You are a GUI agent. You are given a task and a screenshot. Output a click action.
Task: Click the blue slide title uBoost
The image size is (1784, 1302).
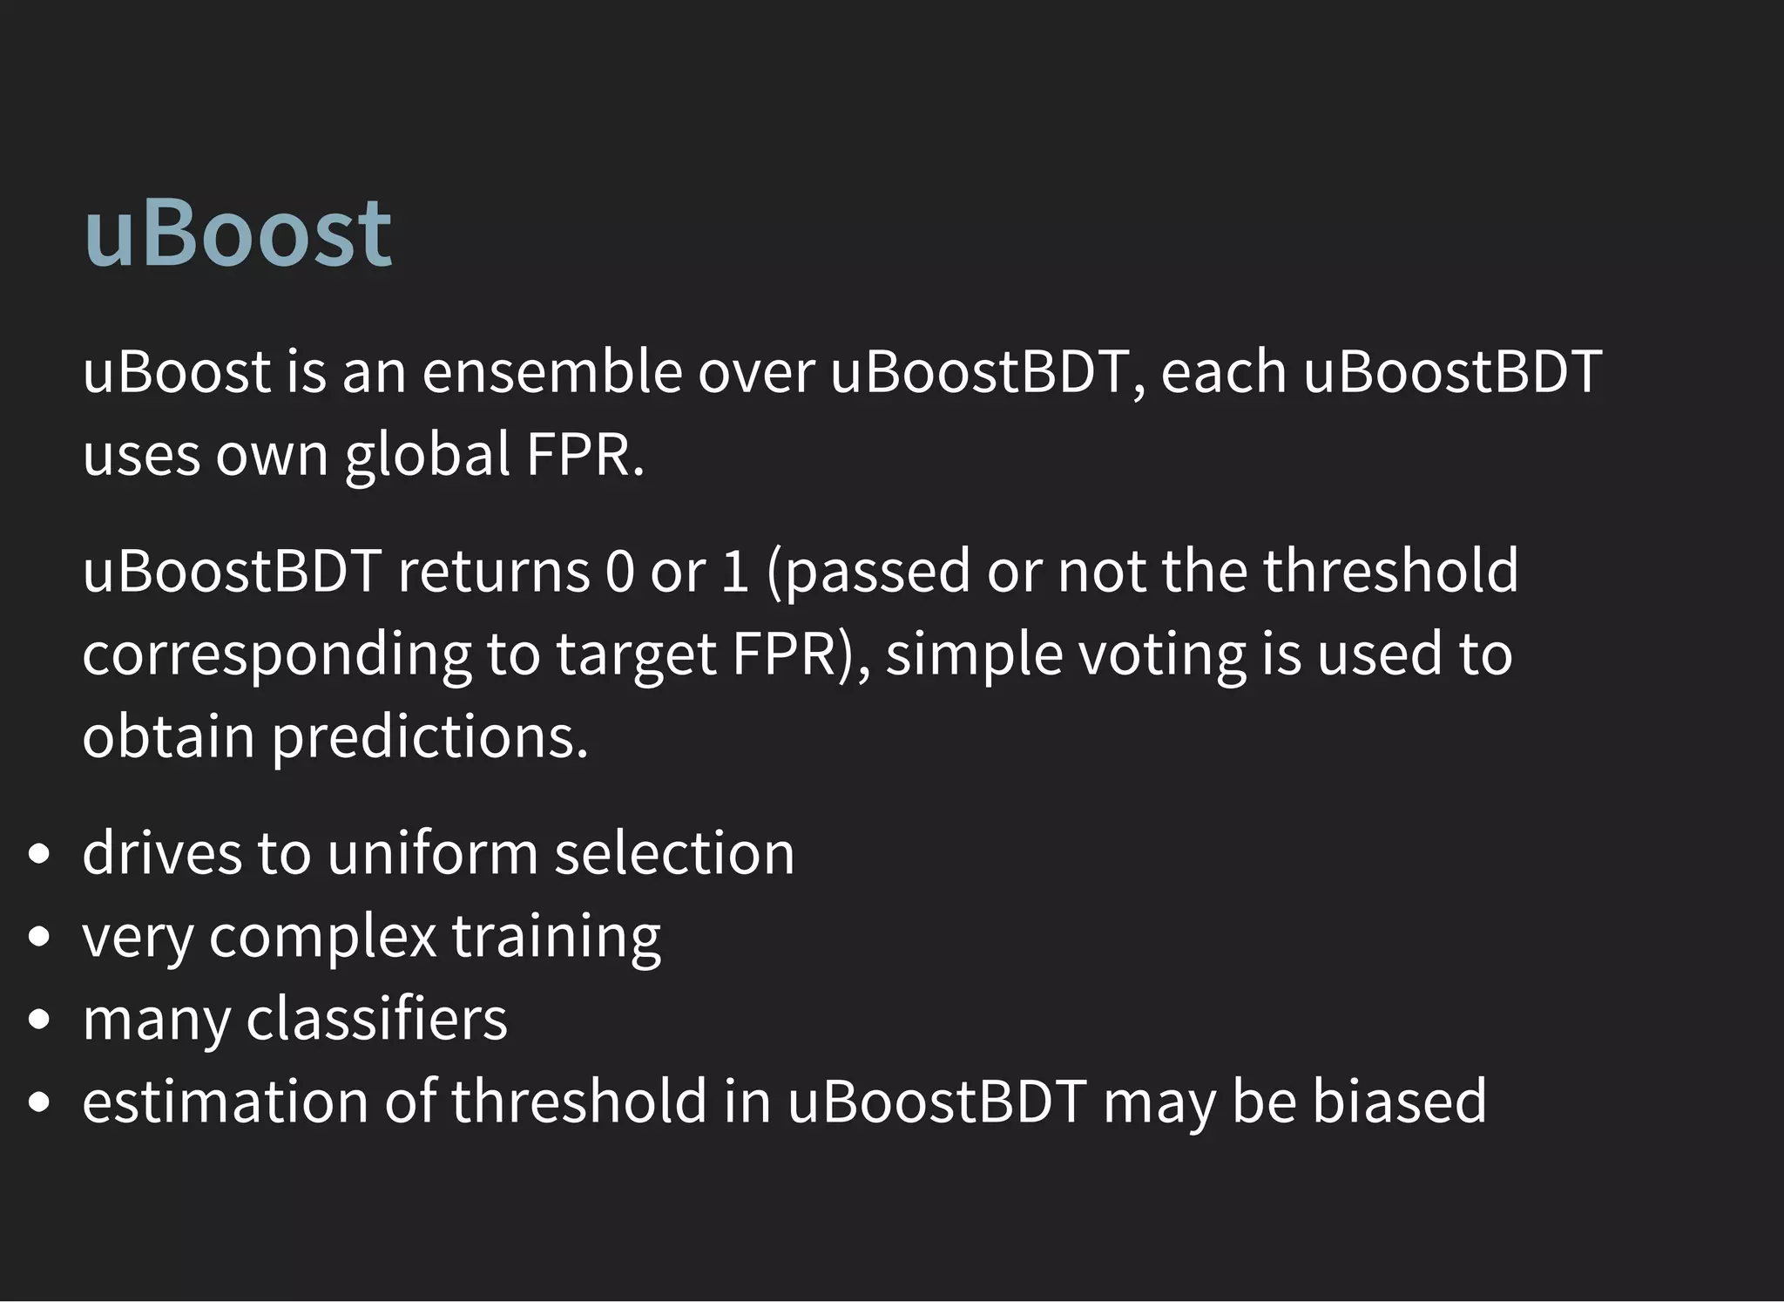pyautogui.click(x=238, y=234)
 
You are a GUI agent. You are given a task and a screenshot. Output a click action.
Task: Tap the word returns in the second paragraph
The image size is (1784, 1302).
pyautogui.click(x=494, y=571)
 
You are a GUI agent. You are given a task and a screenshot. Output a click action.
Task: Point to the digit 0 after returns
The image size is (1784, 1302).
pyautogui.click(x=619, y=571)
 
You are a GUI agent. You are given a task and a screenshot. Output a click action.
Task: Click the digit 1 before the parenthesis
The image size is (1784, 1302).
pyautogui.click(x=735, y=571)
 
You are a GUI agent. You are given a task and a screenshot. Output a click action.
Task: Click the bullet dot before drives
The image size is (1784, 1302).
pyautogui.click(x=38, y=854)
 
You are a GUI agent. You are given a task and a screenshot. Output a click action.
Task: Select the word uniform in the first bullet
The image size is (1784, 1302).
pyautogui.click(x=432, y=852)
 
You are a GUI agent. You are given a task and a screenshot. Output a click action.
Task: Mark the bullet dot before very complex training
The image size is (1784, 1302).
pyautogui.click(x=38, y=937)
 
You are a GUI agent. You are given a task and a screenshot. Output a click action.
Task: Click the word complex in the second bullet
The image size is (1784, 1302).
pyautogui.click(x=322, y=937)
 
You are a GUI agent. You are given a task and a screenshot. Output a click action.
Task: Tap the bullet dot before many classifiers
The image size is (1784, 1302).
pyautogui.click(x=38, y=1019)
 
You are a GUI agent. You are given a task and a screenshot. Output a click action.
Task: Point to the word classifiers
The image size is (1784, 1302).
pyautogui.click(x=376, y=1018)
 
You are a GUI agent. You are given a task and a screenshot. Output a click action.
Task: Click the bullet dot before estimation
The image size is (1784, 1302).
pyautogui.click(x=38, y=1102)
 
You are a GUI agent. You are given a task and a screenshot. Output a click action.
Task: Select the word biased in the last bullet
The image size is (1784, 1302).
pyautogui.click(x=1399, y=1100)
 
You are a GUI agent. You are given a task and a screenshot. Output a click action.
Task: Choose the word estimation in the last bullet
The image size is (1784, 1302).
pyautogui.click(x=226, y=1100)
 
